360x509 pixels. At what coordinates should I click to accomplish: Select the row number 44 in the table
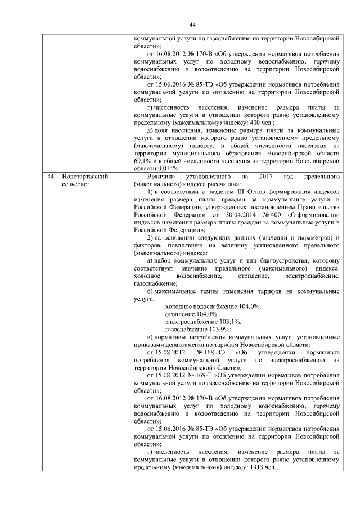(51, 177)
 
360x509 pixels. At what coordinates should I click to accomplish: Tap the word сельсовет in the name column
(77, 184)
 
